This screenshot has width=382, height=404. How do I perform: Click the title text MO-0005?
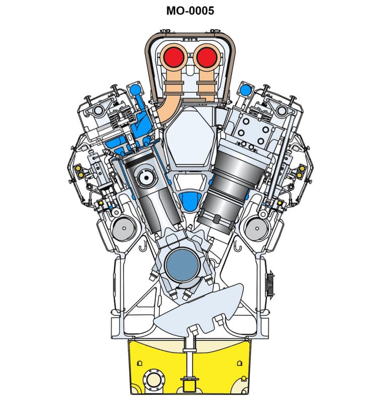click(x=190, y=11)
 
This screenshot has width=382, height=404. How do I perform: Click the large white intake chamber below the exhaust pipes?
click(x=190, y=136)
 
